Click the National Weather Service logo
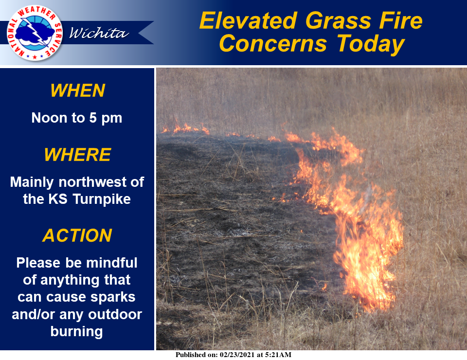point(35,33)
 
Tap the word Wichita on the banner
point(99,33)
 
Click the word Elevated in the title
point(249,21)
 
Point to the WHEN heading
point(77,90)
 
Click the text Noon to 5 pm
point(77,118)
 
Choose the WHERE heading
point(77,155)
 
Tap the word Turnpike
point(102,199)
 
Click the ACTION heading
point(77,235)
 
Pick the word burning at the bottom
point(76,331)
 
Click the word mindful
point(112,263)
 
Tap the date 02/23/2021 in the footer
point(237,355)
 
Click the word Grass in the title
point(339,21)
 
